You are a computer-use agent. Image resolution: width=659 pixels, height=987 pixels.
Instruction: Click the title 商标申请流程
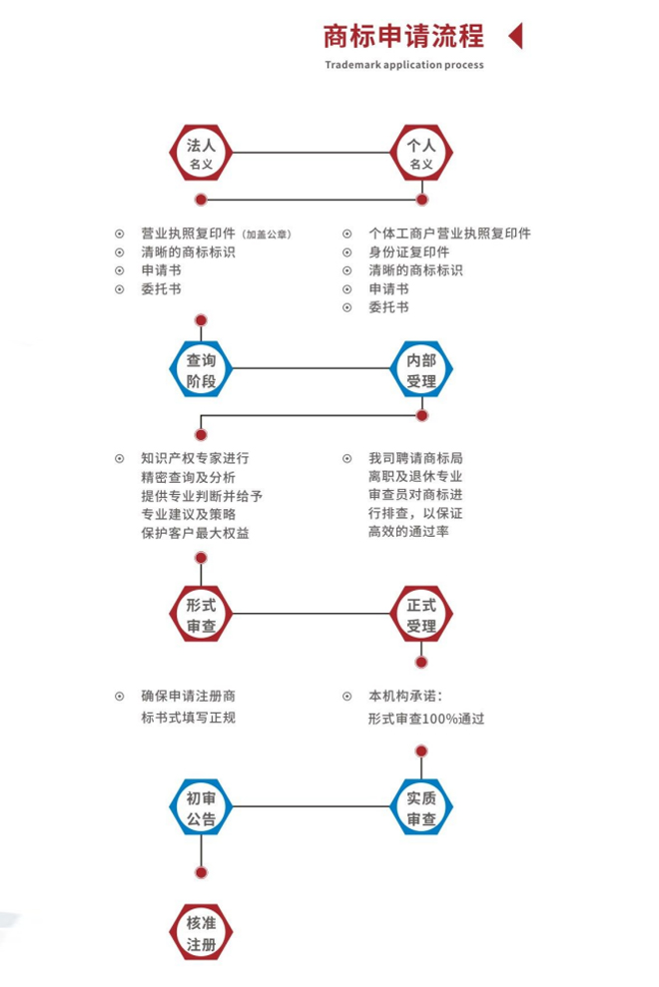point(403,37)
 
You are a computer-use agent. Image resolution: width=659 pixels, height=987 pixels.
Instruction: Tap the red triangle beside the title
point(515,37)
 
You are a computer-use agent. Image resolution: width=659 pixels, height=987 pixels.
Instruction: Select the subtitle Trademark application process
point(403,65)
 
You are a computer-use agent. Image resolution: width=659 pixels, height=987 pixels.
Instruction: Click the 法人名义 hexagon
point(201,154)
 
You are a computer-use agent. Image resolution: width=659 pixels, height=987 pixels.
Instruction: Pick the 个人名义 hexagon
point(421,154)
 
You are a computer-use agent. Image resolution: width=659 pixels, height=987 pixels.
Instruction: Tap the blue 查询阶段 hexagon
point(201,370)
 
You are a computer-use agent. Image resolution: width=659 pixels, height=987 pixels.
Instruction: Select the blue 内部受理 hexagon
point(421,370)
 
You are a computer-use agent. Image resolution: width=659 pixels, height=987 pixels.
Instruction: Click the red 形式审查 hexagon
point(201,615)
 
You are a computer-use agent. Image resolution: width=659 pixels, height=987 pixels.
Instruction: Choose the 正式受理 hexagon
point(421,615)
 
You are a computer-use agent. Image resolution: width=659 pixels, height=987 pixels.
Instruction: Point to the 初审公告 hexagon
point(201,807)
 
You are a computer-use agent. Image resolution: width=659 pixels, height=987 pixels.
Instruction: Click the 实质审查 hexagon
point(421,807)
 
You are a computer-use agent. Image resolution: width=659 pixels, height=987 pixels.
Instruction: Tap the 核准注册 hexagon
point(201,932)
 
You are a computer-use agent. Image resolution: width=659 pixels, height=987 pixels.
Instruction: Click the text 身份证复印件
point(408,251)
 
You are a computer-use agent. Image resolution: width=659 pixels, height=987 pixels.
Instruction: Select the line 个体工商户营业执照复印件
point(449,234)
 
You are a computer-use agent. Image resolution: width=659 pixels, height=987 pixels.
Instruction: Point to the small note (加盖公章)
point(267,235)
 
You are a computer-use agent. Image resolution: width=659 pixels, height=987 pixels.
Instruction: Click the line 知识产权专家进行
point(195,458)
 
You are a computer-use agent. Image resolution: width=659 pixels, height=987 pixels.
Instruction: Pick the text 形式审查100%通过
point(425,718)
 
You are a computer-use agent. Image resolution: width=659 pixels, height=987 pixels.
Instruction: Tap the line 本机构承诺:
point(404,696)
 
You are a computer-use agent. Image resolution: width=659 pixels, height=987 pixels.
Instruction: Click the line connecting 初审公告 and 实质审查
point(311,806)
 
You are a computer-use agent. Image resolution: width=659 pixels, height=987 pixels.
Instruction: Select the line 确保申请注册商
point(189,696)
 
